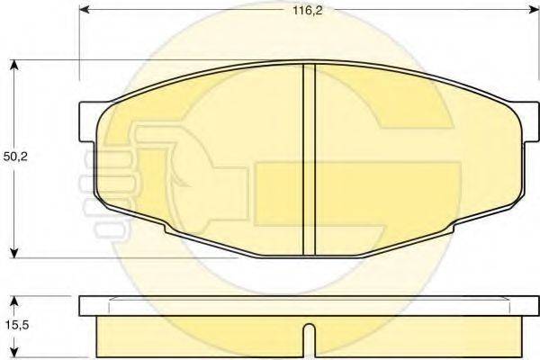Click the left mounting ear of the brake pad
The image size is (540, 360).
[x=88, y=122]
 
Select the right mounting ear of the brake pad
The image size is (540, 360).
[x=526, y=122]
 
